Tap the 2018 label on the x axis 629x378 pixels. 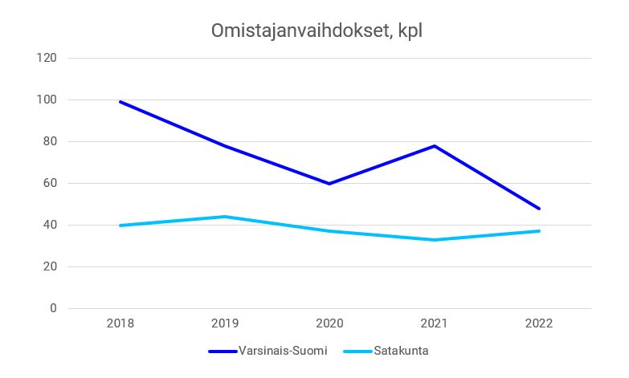[120, 323]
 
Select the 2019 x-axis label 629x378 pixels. [225, 323]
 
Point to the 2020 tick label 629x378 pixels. [329, 323]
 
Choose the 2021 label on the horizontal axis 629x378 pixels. [435, 323]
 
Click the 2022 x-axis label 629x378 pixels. [539, 323]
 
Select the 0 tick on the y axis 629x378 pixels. [53, 308]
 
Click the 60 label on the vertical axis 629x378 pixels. [50, 184]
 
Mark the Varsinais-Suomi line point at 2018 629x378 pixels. [120, 102]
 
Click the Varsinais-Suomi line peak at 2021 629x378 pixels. [435, 146]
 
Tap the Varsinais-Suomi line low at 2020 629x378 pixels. [329, 184]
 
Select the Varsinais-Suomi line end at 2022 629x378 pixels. [539, 209]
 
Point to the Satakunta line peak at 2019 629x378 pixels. [225, 217]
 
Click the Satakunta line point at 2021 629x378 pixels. [435, 240]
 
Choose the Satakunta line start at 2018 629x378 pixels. [120, 226]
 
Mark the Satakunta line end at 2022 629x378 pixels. [539, 231]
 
